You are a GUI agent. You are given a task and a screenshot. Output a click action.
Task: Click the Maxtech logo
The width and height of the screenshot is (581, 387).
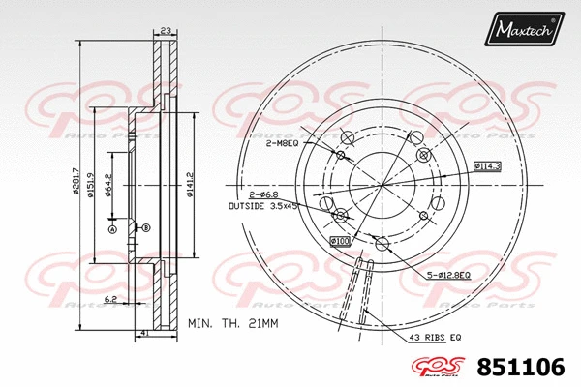tap(524, 30)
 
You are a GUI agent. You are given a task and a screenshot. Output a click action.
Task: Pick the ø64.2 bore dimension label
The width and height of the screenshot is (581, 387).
tap(108, 183)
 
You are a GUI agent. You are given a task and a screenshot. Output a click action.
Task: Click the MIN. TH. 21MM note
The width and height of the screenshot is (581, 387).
tap(232, 322)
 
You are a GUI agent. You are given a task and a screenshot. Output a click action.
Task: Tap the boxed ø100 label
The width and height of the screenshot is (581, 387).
tap(340, 240)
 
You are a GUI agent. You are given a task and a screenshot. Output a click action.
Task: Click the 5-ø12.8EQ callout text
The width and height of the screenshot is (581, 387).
tap(449, 278)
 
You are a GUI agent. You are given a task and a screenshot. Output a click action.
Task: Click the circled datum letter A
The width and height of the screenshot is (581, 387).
tap(111, 229)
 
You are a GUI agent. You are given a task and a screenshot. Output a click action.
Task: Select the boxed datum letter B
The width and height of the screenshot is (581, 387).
tap(145, 227)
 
